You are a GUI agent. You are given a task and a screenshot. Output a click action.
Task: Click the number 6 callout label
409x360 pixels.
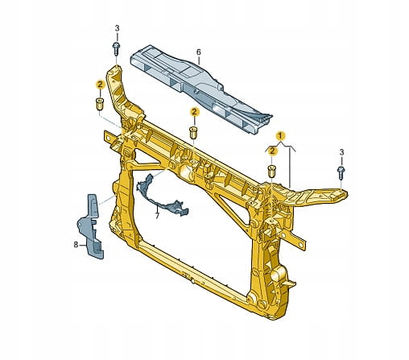[x=198, y=52]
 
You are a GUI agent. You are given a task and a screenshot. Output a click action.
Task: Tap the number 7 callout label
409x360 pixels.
[x=157, y=215]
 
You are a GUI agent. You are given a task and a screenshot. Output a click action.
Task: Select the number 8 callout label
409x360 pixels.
[x=76, y=245]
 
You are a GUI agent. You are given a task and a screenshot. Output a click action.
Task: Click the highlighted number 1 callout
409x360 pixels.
[x=280, y=136]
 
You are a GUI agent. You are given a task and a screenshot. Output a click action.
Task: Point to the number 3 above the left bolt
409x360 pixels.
[x=117, y=28]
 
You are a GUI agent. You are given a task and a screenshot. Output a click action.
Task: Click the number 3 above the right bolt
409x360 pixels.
[x=341, y=152]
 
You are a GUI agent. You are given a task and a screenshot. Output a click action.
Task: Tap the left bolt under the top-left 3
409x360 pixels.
[x=117, y=49]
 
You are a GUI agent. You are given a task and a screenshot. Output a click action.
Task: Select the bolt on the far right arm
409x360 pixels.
[x=341, y=172]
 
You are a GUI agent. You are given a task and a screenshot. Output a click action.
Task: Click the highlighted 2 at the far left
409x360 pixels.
[x=100, y=85]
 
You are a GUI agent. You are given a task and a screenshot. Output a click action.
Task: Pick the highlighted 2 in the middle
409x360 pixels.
[x=194, y=112]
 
